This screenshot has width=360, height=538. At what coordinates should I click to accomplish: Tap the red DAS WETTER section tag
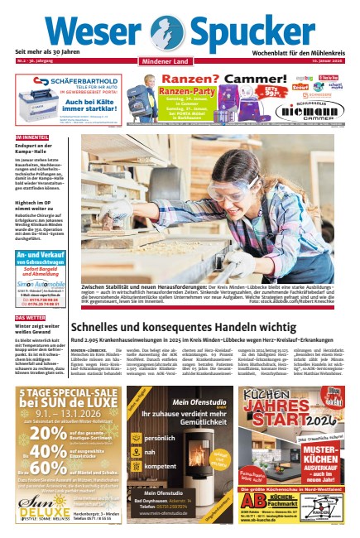coord(30,318)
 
